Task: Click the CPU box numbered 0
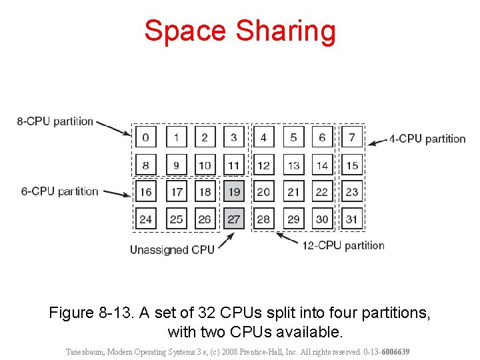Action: [x=145, y=138]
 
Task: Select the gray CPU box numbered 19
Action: [x=233, y=192]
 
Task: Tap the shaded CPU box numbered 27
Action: [x=233, y=219]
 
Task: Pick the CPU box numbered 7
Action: [x=352, y=138]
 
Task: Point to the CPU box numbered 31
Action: [x=352, y=219]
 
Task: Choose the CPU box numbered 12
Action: [x=263, y=165]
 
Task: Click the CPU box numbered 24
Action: [x=145, y=219]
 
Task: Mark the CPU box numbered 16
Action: [x=145, y=192]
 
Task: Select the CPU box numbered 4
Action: [x=263, y=138]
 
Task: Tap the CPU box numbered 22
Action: [x=322, y=192]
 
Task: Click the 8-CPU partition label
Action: [x=55, y=121]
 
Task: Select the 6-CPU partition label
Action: [x=59, y=191]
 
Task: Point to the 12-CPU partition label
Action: [x=343, y=245]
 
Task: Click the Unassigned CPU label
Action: [x=172, y=250]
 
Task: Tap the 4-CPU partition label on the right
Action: [x=427, y=139]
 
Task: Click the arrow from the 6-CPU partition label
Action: [x=117, y=194]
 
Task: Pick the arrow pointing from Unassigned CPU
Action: [x=225, y=239]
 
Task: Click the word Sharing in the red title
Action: [x=287, y=31]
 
